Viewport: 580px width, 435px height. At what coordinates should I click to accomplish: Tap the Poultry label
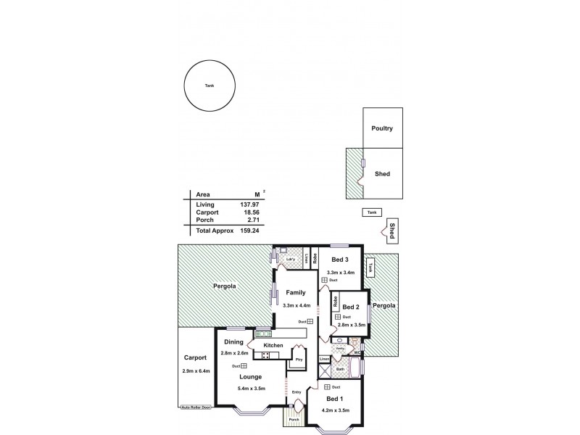[x=382, y=128]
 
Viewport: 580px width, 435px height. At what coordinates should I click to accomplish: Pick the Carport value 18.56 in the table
[x=249, y=213]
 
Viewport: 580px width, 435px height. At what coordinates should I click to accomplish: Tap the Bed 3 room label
[x=340, y=260]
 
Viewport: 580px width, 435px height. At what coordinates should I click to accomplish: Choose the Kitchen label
[x=273, y=345]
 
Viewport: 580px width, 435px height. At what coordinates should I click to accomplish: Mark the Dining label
[x=233, y=341]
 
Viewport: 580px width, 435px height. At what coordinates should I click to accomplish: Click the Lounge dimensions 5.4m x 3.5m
[x=251, y=389]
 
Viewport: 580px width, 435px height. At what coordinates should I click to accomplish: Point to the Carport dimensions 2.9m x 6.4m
[x=196, y=371]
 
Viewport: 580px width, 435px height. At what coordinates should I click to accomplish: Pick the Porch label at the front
[x=294, y=420]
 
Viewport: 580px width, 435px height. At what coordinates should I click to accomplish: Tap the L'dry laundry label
[x=290, y=259]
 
